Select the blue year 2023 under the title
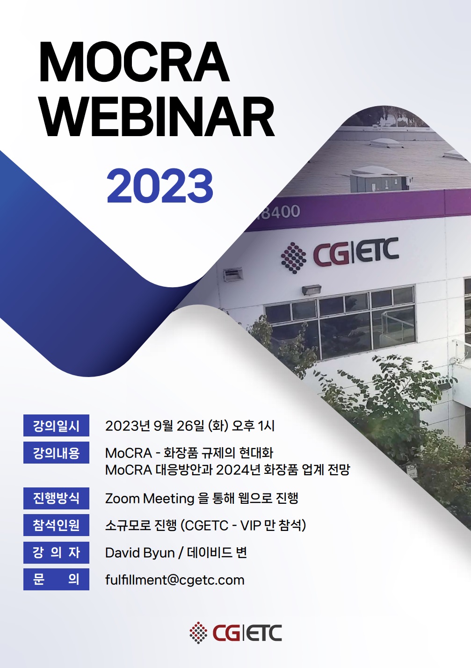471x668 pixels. pos(160,186)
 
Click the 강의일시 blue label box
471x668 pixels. pos(56,426)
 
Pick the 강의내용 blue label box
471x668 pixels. pos(56,453)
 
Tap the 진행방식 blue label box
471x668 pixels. pos(56,498)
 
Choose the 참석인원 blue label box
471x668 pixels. pos(56,525)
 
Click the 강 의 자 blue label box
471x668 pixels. pos(56,552)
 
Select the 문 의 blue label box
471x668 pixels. pos(56,580)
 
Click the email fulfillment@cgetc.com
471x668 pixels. pos(174,580)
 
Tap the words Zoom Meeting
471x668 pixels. pos(150,499)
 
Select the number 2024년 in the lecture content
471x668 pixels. pos(238,470)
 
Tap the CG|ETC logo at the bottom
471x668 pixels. pos(236,633)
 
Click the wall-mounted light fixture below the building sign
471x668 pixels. pos(311,290)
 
